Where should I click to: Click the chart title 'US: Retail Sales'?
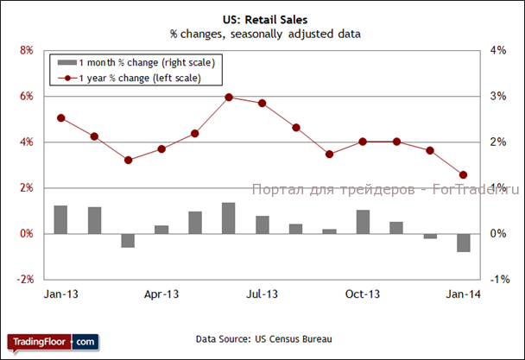(263, 19)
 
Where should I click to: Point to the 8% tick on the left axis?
(26, 51)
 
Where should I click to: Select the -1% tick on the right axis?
(499, 280)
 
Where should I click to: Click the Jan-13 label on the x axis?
(60, 294)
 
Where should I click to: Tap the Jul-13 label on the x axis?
(262, 294)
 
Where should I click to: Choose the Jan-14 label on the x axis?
(463, 294)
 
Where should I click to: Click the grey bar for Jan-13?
(60, 219)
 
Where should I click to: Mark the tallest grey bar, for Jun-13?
(229, 218)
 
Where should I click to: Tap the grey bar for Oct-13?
(363, 222)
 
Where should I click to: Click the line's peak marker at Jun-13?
(229, 97)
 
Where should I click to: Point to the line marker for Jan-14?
(464, 174)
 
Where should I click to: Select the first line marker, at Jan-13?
(60, 117)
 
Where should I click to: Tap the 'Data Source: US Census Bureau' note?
(263, 338)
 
